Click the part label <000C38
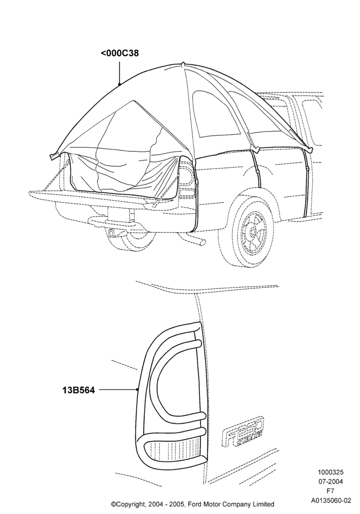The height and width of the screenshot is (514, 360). tap(120, 53)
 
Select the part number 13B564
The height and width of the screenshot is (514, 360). tap(78, 390)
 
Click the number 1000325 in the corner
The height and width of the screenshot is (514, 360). tap(330, 472)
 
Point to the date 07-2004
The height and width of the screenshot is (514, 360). tap(330, 482)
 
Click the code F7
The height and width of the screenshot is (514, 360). tap(331, 491)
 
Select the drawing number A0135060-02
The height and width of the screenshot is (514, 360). tap(331, 501)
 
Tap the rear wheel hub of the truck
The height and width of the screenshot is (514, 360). tap(253, 232)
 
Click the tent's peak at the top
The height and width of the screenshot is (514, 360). tap(184, 64)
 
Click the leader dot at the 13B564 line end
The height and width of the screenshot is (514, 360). tap(137, 390)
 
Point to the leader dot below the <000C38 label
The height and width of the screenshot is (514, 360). tap(119, 84)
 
